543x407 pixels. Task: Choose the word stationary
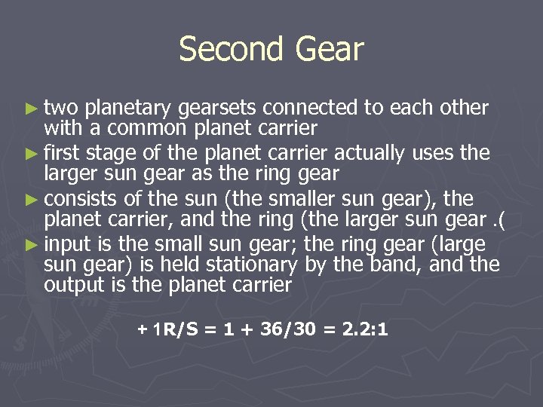pos(253,265)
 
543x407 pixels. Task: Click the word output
pos(69,285)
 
